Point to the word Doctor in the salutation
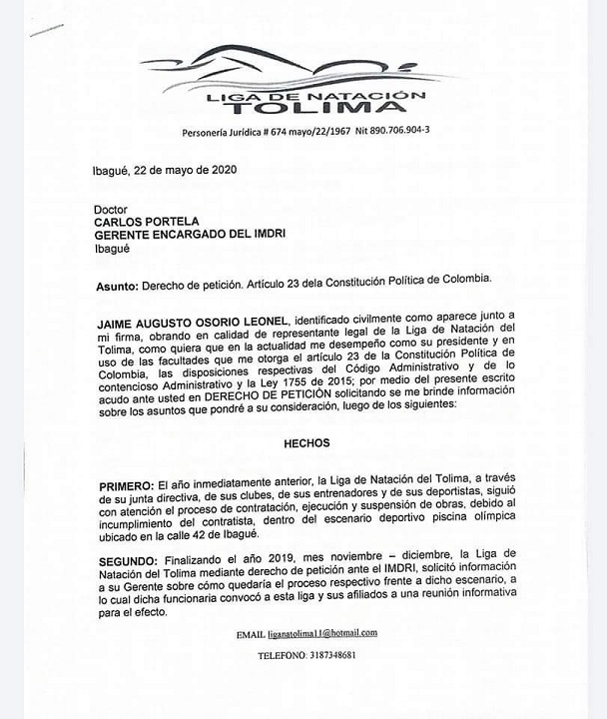coord(111,211)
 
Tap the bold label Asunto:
coord(118,286)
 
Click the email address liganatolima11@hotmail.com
coord(322,633)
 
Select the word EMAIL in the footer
coord(250,634)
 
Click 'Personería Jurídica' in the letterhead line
coord(222,132)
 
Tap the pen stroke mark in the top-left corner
coord(47,29)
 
